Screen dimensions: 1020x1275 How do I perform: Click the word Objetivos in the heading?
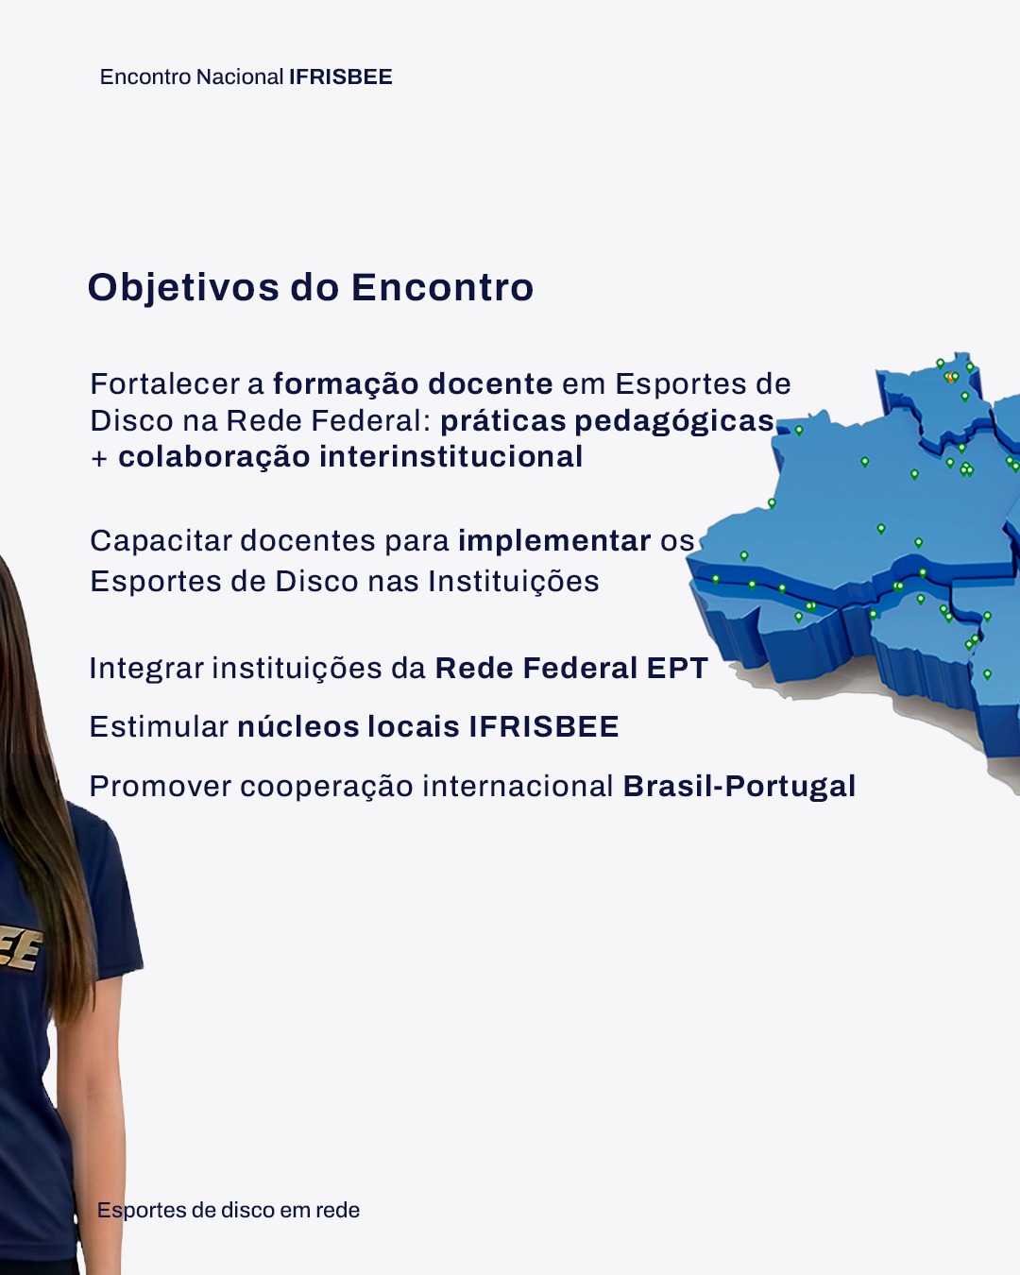(184, 289)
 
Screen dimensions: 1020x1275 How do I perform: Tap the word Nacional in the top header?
(240, 77)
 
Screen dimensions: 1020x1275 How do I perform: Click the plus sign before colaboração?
(99, 459)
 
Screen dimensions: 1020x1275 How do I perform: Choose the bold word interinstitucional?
(451, 457)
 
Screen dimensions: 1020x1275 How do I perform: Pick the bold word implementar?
(554, 541)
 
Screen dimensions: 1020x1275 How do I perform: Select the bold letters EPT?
(677, 668)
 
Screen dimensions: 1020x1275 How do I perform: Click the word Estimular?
(159, 726)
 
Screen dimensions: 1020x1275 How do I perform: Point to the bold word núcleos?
(298, 726)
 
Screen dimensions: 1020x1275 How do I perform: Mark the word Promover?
(160, 787)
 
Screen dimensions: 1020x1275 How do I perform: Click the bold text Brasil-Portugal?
(739, 788)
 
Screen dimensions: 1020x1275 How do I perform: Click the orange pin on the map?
(950, 377)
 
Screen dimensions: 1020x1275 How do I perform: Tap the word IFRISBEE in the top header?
(341, 77)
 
